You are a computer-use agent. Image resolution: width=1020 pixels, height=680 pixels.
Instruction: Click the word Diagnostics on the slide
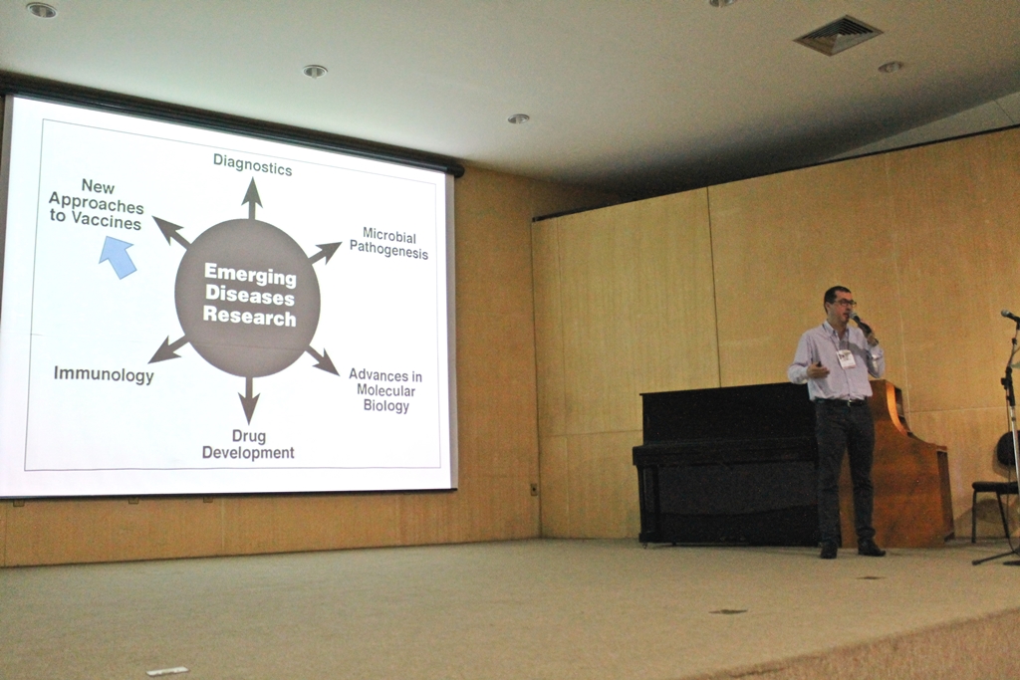point(252,164)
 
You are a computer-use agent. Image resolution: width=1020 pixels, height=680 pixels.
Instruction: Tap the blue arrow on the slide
point(118,257)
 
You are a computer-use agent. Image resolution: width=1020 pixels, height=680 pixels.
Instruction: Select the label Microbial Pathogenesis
point(389,243)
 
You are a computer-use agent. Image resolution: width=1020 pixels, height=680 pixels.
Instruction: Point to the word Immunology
point(104,374)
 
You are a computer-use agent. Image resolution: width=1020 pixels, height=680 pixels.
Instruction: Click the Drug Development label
point(248,445)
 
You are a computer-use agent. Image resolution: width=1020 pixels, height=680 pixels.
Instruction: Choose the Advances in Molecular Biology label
point(385,390)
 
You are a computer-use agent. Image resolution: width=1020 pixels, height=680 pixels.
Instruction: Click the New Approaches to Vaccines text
point(97,205)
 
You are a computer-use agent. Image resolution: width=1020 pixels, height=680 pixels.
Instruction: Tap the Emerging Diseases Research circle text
point(250,297)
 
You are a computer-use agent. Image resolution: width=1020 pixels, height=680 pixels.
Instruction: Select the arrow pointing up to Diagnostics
point(252,198)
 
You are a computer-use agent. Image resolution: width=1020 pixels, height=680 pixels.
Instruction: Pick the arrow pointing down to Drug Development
point(248,398)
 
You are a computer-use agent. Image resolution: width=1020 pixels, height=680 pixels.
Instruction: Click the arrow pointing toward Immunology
point(167,349)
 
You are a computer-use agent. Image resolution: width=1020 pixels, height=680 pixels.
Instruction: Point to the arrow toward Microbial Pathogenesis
point(324,252)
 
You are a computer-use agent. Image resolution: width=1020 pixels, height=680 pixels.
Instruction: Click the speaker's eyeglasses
point(841,304)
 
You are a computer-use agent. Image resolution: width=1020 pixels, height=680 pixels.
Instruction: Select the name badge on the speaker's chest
point(845,359)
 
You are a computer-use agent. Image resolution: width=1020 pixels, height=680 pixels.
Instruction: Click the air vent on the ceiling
point(838,35)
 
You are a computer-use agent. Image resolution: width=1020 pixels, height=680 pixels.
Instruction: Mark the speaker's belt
point(841,402)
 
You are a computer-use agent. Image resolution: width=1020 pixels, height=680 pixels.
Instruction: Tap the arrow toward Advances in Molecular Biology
point(322,360)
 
